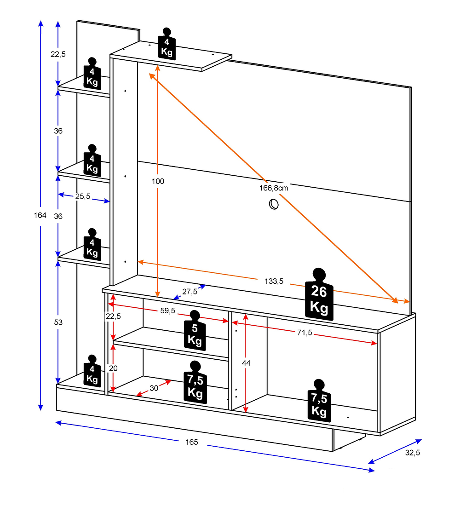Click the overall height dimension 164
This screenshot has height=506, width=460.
point(40,215)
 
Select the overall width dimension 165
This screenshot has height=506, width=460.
point(192,442)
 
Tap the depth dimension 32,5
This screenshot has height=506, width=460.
point(412,453)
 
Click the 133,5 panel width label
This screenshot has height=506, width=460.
point(274,281)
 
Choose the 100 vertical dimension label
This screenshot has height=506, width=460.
point(158,181)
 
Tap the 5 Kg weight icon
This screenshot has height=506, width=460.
point(195,331)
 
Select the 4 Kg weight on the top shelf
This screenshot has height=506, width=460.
point(167,44)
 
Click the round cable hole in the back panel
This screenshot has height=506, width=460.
point(274,203)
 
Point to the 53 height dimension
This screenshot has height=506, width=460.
point(58,322)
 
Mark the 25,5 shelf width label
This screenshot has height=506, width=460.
point(83,196)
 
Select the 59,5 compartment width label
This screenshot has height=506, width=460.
point(167,310)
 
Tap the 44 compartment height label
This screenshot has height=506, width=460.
point(246,363)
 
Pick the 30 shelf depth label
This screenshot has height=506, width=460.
point(154,388)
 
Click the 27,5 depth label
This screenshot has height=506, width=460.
point(190,291)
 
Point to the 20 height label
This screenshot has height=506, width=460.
point(113,368)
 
